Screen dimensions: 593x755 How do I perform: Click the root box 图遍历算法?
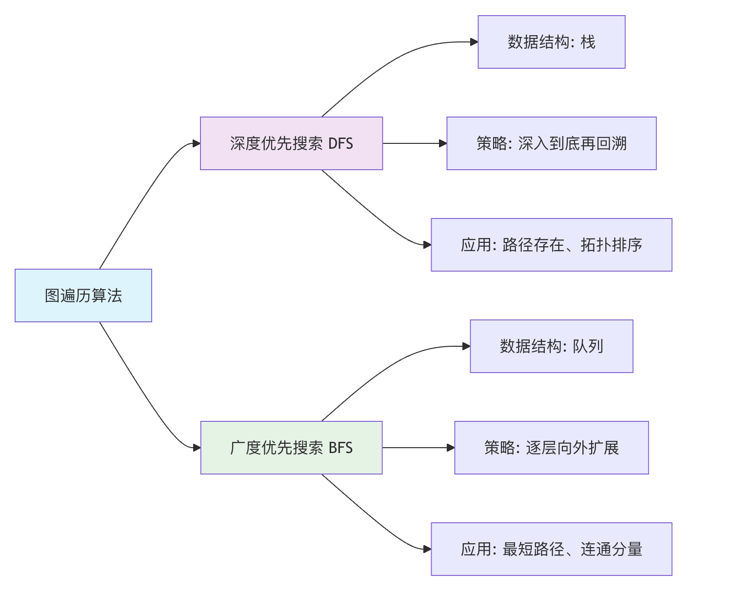click(83, 296)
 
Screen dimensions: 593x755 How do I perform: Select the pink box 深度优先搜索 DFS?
click(291, 143)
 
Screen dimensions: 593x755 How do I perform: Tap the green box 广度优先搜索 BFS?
click(291, 448)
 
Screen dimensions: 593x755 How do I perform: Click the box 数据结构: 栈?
click(551, 42)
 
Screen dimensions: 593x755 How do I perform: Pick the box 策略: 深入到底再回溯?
click(551, 143)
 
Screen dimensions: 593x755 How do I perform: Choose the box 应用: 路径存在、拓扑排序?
click(551, 245)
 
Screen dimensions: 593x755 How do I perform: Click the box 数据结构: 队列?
click(551, 346)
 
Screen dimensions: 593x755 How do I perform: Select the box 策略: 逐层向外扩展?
click(551, 448)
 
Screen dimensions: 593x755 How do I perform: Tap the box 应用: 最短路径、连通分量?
click(551, 549)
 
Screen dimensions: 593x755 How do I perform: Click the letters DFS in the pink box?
click(340, 144)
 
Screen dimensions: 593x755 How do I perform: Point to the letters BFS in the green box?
click(340, 448)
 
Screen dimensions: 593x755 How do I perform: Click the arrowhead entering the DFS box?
click(197, 143)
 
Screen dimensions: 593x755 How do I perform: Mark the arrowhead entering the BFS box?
click(197, 448)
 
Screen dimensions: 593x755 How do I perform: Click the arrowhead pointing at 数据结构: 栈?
click(474, 42)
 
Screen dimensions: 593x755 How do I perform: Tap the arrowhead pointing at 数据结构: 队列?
click(466, 346)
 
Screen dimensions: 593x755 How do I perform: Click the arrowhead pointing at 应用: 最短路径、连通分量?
click(427, 549)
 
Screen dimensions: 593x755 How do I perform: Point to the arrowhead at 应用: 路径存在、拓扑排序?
click(427, 245)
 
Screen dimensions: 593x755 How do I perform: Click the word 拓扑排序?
click(611, 245)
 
